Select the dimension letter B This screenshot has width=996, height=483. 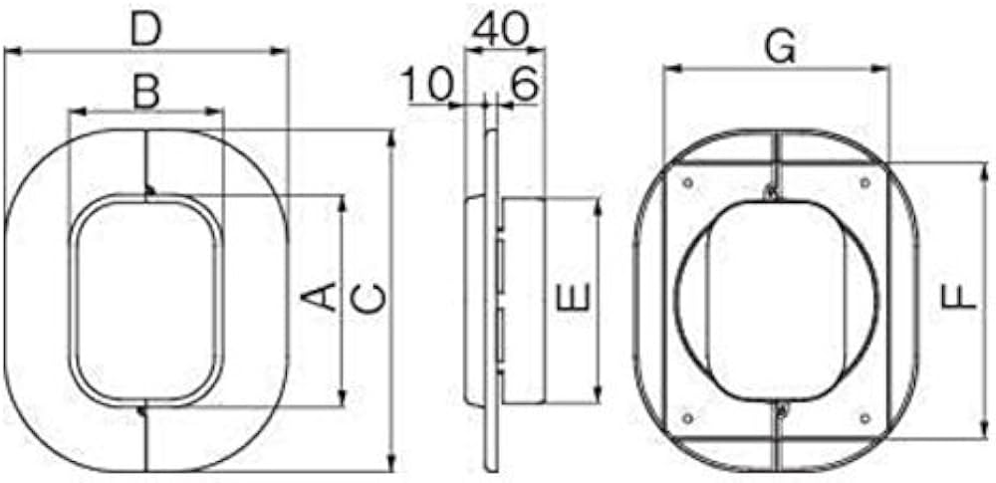[146, 93]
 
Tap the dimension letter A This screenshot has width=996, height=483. [319, 297]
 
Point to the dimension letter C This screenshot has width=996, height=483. [368, 299]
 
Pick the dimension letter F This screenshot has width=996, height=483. [958, 298]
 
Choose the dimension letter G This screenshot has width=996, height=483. [780, 49]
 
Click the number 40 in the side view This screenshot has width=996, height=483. [501, 29]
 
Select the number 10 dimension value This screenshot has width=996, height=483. [428, 85]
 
